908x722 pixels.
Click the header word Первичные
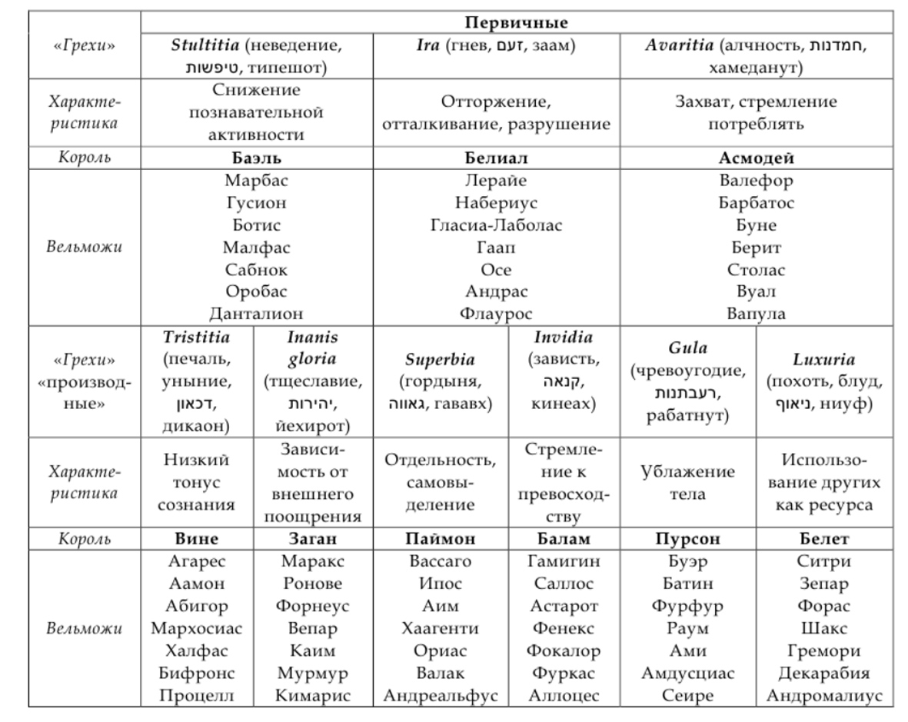[x=516, y=22]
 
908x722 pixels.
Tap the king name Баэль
[x=257, y=158]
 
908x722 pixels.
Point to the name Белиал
[x=496, y=158]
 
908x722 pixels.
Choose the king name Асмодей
[x=757, y=158]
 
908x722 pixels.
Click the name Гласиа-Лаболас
[x=496, y=225]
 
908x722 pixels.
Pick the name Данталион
[x=257, y=314]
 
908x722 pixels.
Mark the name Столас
[x=757, y=270]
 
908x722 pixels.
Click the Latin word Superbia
[x=440, y=360]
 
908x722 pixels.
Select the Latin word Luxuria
[x=823, y=360]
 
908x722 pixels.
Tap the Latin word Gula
[x=688, y=348]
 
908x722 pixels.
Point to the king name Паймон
[x=440, y=538]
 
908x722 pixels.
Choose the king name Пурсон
[x=688, y=538]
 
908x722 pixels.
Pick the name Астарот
[x=564, y=606]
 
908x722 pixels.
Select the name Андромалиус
[x=823, y=696]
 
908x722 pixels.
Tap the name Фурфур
[x=688, y=606]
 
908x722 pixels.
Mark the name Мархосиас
[x=197, y=628]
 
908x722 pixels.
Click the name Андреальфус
[x=440, y=696]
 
